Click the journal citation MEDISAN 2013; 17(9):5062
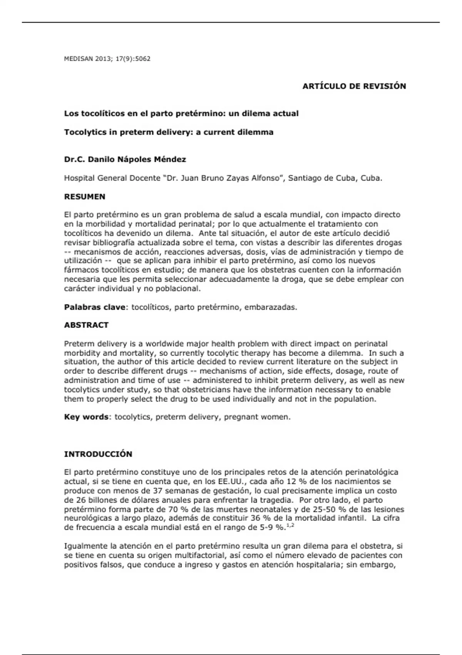pyautogui.click(x=107, y=59)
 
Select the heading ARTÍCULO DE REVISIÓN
pyautogui.click(x=354, y=86)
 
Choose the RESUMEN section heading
pyautogui.click(x=85, y=196)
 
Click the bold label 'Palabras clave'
pyautogui.click(x=95, y=307)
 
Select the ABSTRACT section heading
pyautogui.click(x=86, y=325)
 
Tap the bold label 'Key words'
pyautogui.click(x=86, y=417)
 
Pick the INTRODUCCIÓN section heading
pyautogui.click(x=98, y=454)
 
